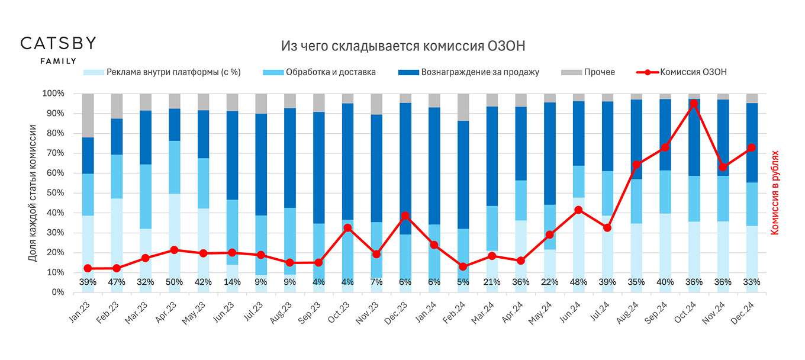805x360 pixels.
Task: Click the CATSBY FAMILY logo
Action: (58, 49)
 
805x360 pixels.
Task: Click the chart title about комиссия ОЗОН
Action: (402, 46)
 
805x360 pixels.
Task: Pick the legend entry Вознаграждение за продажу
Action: (479, 72)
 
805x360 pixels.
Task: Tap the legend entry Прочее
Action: (599, 72)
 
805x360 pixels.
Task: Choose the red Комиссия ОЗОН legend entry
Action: (693, 72)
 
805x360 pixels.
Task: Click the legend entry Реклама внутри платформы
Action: (173, 72)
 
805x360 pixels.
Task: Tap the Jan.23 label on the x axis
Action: (80, 310)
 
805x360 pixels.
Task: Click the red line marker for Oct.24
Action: (694, 104)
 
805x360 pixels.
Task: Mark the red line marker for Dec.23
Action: (405, 216)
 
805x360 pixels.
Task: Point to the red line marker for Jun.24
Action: (578, 210)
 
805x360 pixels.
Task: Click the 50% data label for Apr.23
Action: (174, 282)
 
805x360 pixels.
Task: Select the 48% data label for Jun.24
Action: (578, 282)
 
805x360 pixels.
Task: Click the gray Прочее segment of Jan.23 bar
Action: (88, 115)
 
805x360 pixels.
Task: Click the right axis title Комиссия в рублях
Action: (775, 192)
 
